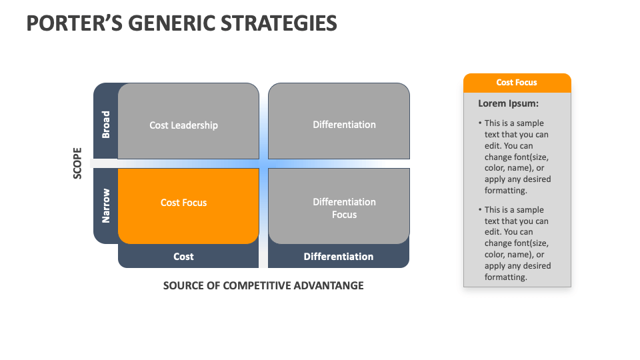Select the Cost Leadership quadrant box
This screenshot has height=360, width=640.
pos(189,121)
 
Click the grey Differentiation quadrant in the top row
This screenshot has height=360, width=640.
pos(339,121)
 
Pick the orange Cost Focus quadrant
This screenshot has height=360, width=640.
pos(189,206)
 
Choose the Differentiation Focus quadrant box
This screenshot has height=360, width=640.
pos(339,206)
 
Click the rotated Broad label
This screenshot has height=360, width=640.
pos(106,125)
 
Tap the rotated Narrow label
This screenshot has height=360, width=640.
pos(106,206)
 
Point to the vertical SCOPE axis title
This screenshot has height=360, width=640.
pos(77,163)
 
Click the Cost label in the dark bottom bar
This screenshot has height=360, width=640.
pos(183,257)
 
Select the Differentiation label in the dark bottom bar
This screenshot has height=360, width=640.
pos(339,257)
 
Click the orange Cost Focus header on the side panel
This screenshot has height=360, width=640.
pos(517,83)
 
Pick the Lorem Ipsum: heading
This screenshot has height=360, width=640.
pos(508,104)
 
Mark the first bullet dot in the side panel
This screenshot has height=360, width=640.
pos(480,123)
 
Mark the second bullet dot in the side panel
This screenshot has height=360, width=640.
pos(480,210)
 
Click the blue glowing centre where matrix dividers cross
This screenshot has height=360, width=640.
pos(263,163)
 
